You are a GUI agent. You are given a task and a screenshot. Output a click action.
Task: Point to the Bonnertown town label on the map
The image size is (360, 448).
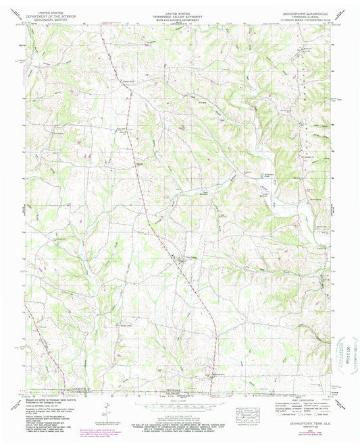coord(218,373)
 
